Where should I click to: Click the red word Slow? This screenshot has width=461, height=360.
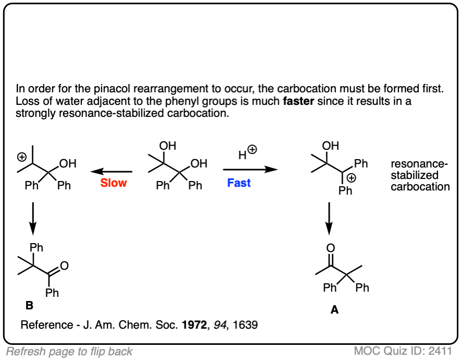click(x=114, y=183)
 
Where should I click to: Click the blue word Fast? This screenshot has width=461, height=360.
click(x=239, y=183)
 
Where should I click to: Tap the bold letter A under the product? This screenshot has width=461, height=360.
click(x=334, y=310)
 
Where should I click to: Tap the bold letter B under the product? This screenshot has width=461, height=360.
click(x=29, y=306)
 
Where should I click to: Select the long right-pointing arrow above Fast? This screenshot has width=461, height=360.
click(x=250, y=170)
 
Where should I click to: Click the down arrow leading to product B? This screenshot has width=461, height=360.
click(x=32, y=218)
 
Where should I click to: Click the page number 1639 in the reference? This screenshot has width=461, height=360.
click(x=246, y=325)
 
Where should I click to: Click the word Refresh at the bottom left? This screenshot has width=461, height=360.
click(x=25, y=351)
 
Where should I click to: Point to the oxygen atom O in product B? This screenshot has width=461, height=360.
click(x=64, y=266)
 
